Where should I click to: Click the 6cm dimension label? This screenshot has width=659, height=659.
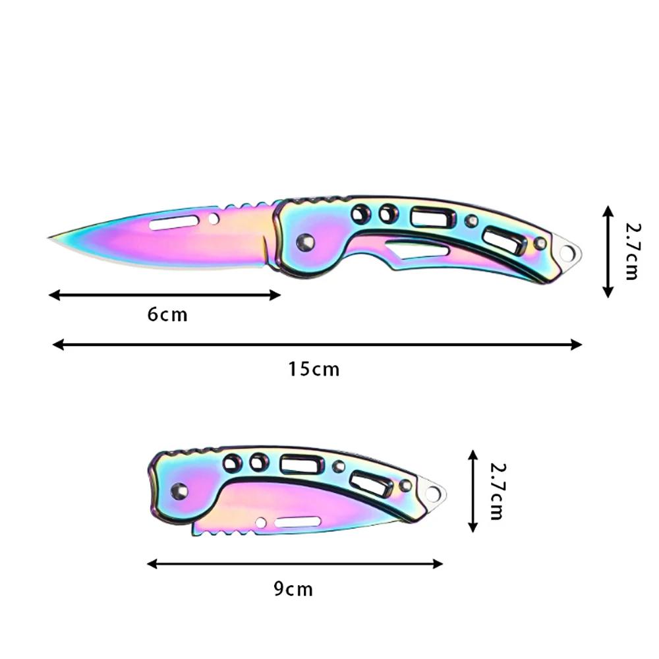coord(167,314)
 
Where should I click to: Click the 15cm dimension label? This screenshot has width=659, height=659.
coord(314,369)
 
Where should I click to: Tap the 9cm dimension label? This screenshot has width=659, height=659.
coord(293,588)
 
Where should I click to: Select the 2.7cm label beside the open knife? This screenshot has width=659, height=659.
coord(631,250)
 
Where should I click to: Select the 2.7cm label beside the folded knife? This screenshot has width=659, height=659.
coord(498,491)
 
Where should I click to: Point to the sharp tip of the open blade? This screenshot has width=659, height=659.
coord(51,238)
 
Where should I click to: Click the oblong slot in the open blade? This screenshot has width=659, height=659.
coord(174,222)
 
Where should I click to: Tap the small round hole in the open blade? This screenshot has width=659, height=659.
coord(214,218)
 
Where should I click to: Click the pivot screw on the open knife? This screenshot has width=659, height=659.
coord(305,243)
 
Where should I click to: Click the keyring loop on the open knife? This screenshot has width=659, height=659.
coord(567,251)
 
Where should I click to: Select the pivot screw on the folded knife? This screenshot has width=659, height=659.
coord(179,490)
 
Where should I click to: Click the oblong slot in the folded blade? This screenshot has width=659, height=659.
coord(298,522)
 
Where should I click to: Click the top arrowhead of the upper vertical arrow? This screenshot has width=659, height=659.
coord(608,209)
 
